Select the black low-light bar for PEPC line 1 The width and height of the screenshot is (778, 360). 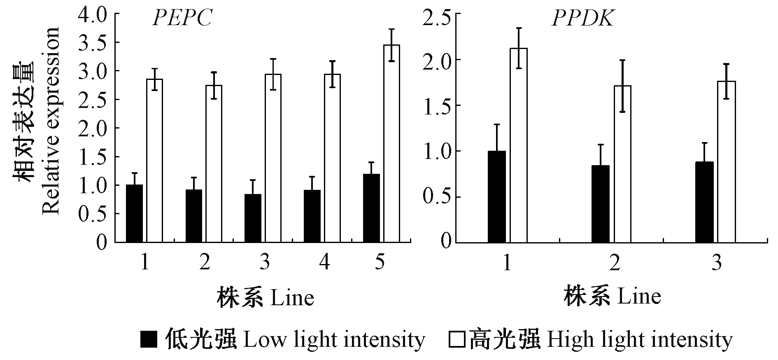pyautogui.click(x=135, y=213)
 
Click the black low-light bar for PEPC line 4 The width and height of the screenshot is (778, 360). pyautogui.click(x=312, y=216)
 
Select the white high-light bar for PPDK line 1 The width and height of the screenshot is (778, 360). pyautogui.click(x=519, y=145)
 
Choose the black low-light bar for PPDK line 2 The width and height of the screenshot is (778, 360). pyautogui.click(x=600, y=203)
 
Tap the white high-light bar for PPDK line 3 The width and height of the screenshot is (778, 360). pyautogui.click(x=727, y=161)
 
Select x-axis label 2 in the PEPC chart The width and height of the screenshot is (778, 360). pyautogui.click(x=205, y=262)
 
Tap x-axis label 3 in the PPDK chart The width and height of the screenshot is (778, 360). pyautogui.click(x=717, y=262)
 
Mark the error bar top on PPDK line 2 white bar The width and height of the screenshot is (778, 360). pyautogui.click(x=622, y=60)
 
